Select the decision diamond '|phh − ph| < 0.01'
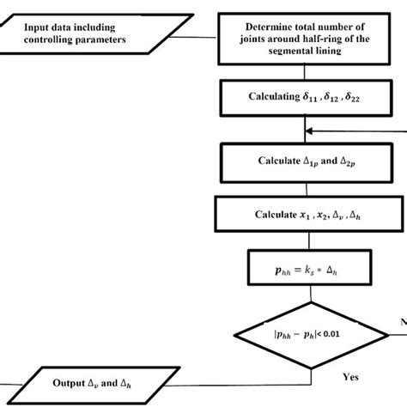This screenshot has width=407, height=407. point(307,330)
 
